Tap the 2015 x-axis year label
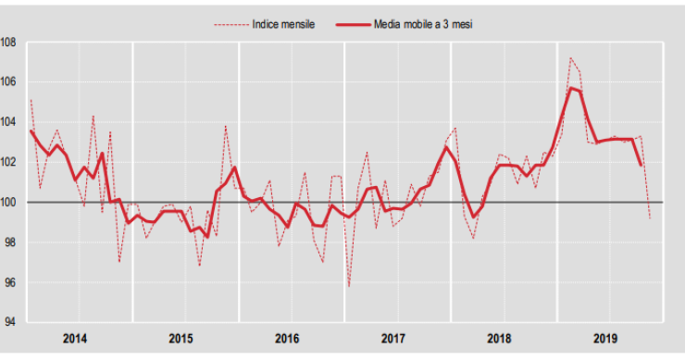click(182, 339)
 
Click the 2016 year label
click(288, 339)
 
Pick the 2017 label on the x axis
click(393, 339)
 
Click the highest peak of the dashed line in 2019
click(570, 57)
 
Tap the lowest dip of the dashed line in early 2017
click(350, 286)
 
